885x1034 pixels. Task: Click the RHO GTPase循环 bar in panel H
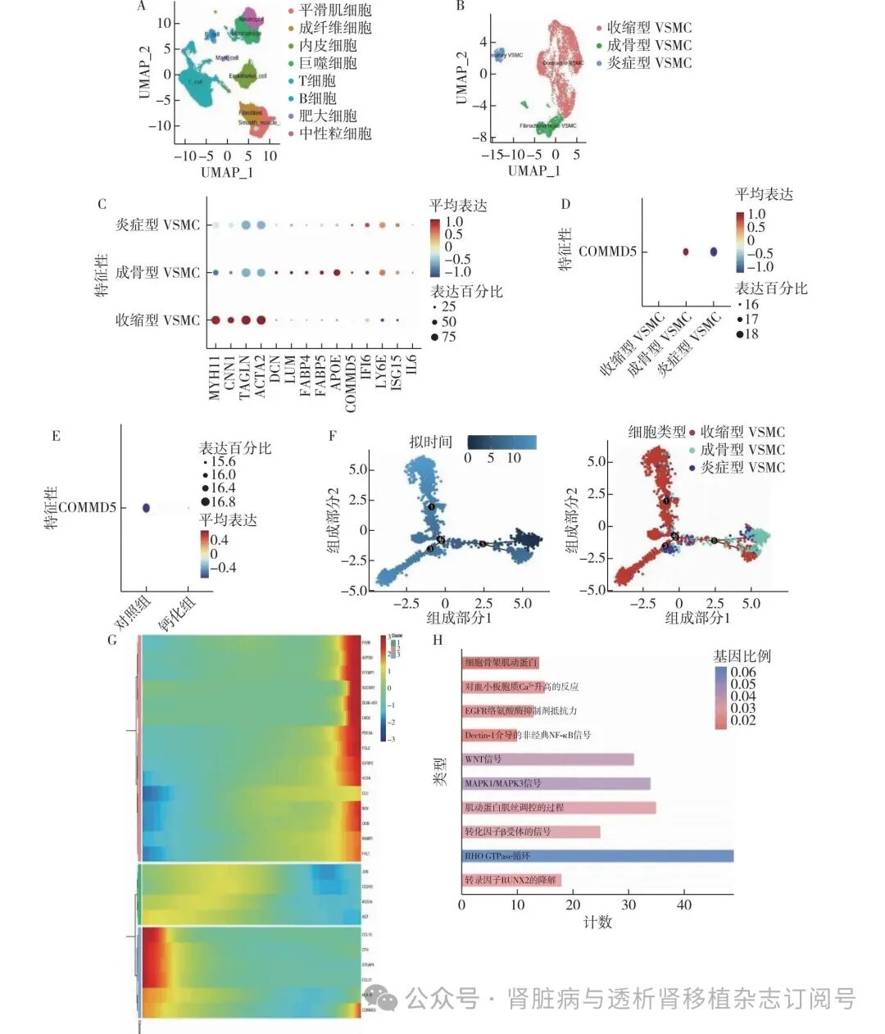click(x=597, y=856)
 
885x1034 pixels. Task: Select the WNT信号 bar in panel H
click(x=547, y=760)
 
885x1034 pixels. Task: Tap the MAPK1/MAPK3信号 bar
click(x=556, y=784)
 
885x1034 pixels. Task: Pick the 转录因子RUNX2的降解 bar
click(x=511, y=881)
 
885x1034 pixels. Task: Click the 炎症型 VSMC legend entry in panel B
click(x=649, y=63)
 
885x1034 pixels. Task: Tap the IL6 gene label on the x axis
click(x=412, y=364)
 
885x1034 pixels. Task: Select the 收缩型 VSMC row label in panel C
click(x=157, y=320)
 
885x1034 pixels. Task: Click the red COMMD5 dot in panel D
click(x=686, y=252)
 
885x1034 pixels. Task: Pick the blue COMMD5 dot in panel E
click(x=147, y=508)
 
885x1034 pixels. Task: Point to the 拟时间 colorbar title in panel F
click(x=431, y=442)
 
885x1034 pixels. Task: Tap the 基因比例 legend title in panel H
click(x=741, y=656)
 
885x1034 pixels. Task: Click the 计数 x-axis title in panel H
click(x=597, y=923)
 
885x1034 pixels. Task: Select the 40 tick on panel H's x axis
click(x=684, y=905)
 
